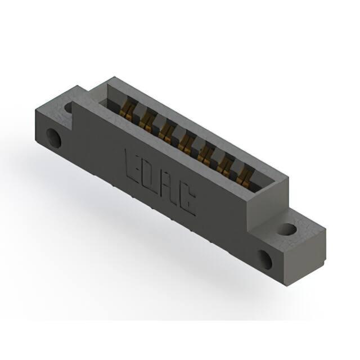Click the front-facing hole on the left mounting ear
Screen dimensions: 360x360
click(54, 138)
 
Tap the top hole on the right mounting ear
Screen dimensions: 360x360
click(287, 229)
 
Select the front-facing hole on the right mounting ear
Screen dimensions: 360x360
click(265, 259)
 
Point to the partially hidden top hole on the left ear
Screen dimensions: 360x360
click(69, 107)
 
